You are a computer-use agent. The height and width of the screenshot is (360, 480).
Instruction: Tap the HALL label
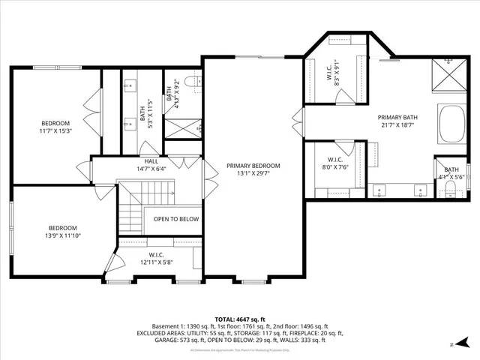coord(151,161)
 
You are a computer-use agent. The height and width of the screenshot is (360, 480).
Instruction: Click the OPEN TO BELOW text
coord(175,219)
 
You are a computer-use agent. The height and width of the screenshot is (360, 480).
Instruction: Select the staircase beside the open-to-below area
coord(131,214)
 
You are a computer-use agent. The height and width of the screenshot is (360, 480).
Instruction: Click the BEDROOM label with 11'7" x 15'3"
coord(55,123)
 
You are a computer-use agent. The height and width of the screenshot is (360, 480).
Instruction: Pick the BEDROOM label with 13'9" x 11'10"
coord(63,228)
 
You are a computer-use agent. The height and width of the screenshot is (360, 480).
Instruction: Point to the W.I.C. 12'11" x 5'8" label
coord(156,258)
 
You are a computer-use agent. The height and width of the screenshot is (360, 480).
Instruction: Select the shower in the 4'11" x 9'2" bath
coord(182,128)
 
